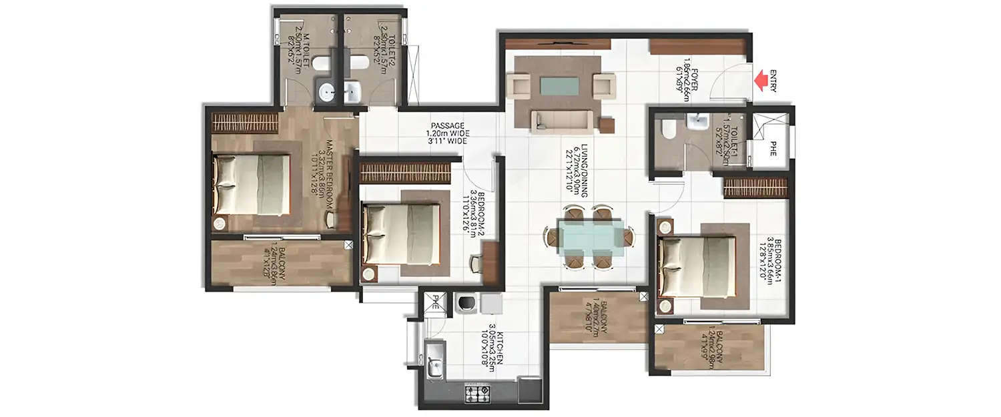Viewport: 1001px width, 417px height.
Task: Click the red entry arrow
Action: pyautogui.click(x=760, y=81)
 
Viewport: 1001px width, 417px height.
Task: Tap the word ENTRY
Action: pyautogui.click(x=773, y=81)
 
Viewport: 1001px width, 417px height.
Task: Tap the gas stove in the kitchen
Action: pyautogui.click(x=477, y=394)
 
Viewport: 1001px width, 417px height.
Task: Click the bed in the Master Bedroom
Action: pyautogui.click(x=252, y=185)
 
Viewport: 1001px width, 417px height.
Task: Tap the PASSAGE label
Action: pyautogui.click(x=447, y=133)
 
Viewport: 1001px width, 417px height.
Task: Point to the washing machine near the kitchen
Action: pyautogui.click(x=465, y=304)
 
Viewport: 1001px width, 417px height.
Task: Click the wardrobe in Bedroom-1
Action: pyautogui.click(x=755, y=187)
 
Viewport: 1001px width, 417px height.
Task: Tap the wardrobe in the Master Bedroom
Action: pyautogui.click(x=245, y=123)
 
